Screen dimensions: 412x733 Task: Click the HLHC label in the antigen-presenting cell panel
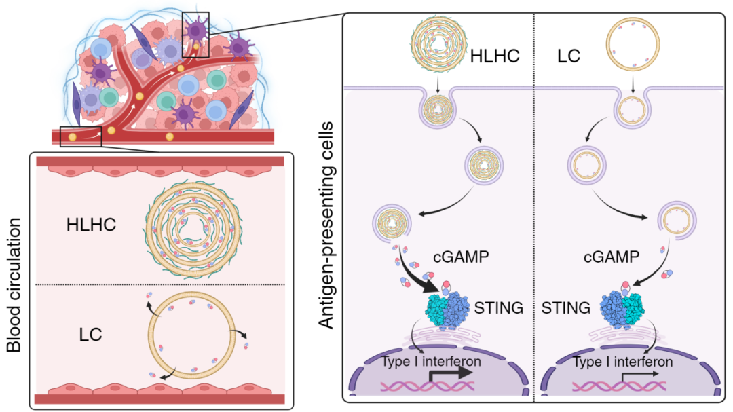pos(495,56)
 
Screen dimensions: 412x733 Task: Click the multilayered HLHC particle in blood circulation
pos(193,226)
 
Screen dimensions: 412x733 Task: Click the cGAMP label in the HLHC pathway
pos(461,257)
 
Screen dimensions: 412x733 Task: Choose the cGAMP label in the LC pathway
pos(611,257)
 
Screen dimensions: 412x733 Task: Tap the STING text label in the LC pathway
pos(569,309)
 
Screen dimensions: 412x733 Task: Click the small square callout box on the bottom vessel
pos(81,136)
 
